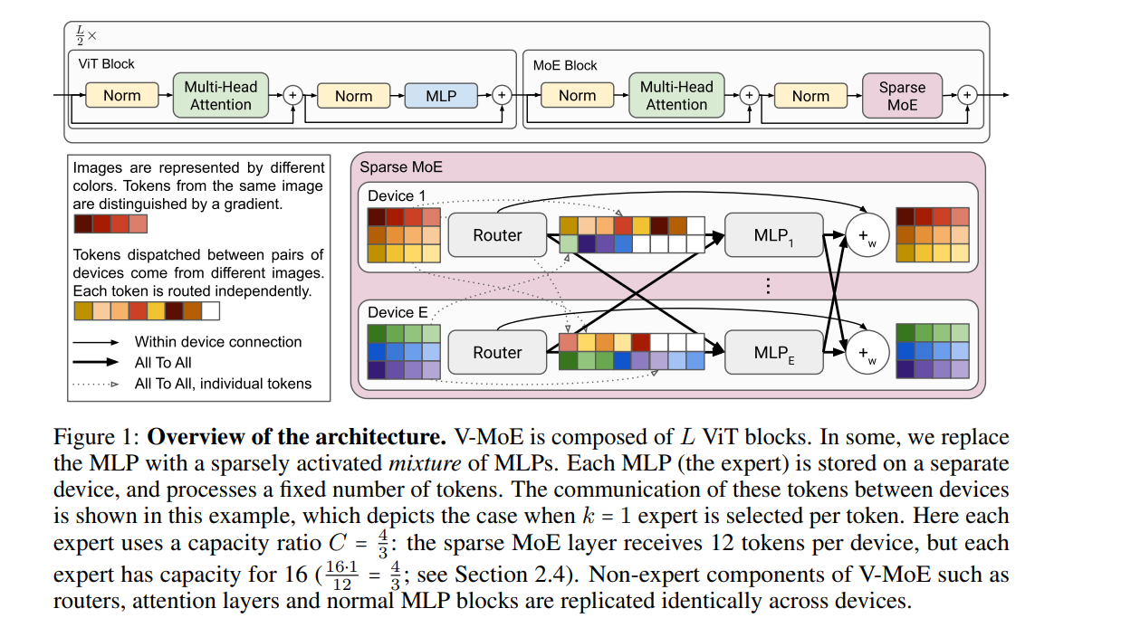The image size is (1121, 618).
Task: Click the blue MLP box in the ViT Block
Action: (441, 96)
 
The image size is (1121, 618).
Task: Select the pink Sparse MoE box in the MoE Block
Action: (902, 96)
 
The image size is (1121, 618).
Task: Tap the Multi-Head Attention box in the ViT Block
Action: (221, 96)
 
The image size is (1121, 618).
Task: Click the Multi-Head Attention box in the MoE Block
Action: (676, 96)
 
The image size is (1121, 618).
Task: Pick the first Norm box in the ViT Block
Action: (122, 96)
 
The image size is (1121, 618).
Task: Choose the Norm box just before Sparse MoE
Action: (810, 96)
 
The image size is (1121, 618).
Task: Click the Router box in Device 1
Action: (497, 235)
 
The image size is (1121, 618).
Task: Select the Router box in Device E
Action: (497, 353)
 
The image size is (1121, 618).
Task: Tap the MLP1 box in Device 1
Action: (774, 235)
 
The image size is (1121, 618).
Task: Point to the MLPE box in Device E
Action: (774, 353)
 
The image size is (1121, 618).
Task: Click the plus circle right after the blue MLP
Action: (501, 95)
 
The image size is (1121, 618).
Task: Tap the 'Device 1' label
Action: (396, 195)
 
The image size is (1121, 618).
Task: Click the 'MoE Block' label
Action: (565, 65)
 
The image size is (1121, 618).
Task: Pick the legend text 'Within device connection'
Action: (218, 342)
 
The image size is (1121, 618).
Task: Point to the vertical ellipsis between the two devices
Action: (768, 287)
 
